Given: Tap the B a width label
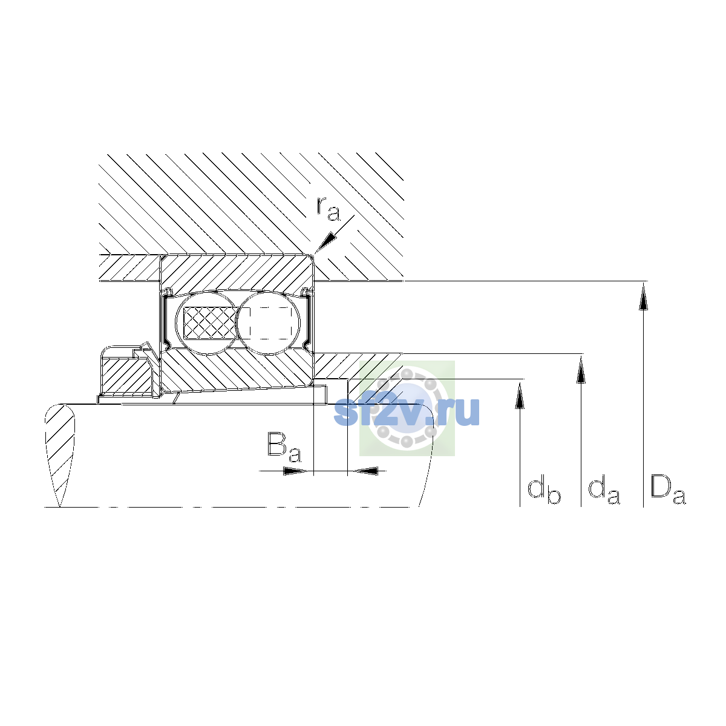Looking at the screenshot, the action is click(x=284, y=447).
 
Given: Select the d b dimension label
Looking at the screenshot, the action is click(x=544, y=491).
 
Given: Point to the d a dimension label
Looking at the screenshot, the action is click(x=604, y=491).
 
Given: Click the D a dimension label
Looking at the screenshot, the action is click(x=668, y=490).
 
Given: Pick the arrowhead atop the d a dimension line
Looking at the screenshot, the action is click(x=581, y=370).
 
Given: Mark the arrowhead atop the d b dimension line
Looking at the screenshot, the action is click(x=520, y=395).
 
